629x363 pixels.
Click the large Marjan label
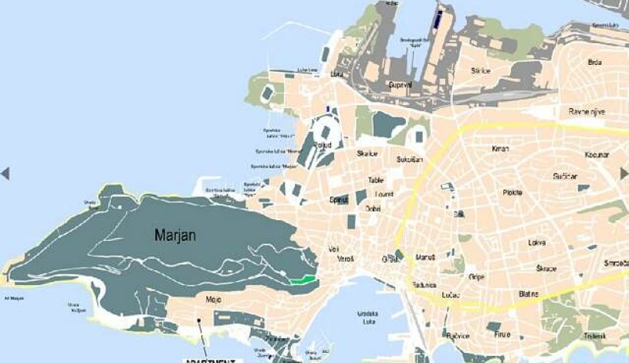tap(175, 234)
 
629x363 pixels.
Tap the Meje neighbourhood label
tap(214, 298)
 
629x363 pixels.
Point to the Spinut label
tap(339, 199)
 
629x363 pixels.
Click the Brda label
tap(595, 62)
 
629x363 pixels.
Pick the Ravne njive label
tap(587, 112)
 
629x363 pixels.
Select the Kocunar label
tap(597, 155)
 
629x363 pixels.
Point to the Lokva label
tap(537, 243)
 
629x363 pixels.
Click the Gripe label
tap(476, 276)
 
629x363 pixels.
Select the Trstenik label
tap(594, 335)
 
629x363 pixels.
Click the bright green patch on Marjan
tap(303, 280)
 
